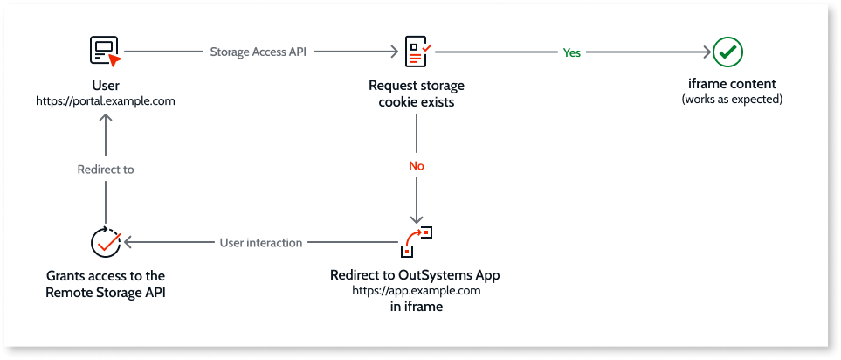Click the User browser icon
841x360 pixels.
(x=106, y=52)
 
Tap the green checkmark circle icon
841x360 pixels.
(x=727, y=52)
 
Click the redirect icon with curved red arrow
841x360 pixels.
(x=417, y=240)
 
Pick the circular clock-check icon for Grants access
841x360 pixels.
(x=106, y=242)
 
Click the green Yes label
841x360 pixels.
(x=571, y=52)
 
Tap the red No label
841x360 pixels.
(x=417, y=164)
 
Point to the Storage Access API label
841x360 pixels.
(x=259, y=52)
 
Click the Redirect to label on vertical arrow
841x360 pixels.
(x=105, y=170)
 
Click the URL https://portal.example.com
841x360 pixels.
(x=106, y=101)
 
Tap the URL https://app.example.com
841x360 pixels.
(x=416, y=289)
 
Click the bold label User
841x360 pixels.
(x=106, y=86)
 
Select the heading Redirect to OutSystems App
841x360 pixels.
(x=416, y=275)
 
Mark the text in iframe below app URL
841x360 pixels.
(x=416, y=306)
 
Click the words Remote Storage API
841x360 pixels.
(x=106, y=292)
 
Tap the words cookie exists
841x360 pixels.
(x=416, y=102)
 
